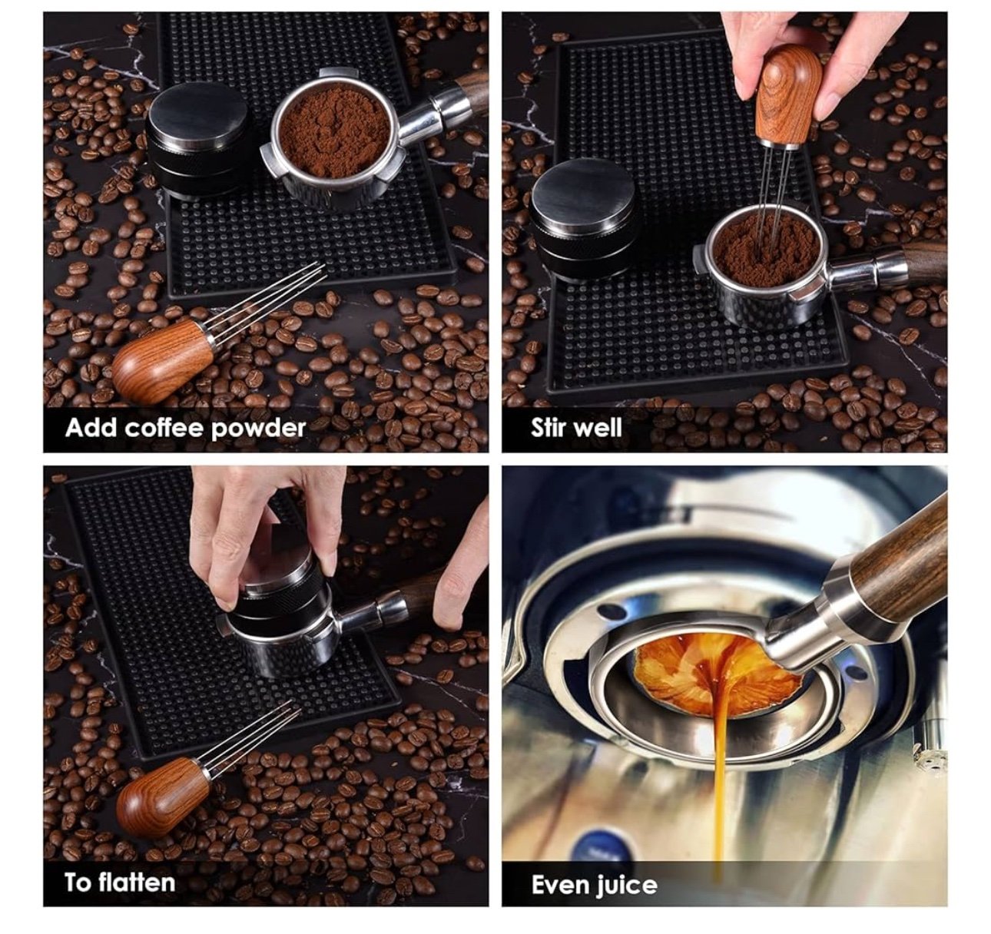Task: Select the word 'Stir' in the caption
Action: point(550,428)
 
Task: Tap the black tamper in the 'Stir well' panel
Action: point(583,220)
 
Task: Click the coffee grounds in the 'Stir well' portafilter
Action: point(767,244)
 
